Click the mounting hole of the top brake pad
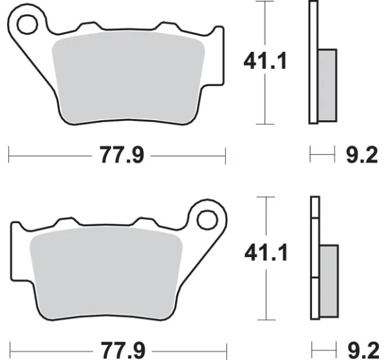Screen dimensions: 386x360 tap(27, 24)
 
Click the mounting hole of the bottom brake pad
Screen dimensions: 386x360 tap(207, 220)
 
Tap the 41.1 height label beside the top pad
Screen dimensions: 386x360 tap(265, 60)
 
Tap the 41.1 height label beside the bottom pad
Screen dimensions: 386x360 tap(266, 252)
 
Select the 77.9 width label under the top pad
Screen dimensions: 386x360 tap(122, 155)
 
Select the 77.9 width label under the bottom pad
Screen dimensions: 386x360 tap(123, 350)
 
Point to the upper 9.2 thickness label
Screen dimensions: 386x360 tap(362, 155)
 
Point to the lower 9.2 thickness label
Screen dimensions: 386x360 tap(363, 350)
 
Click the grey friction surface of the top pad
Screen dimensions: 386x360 tap(128, 76)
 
